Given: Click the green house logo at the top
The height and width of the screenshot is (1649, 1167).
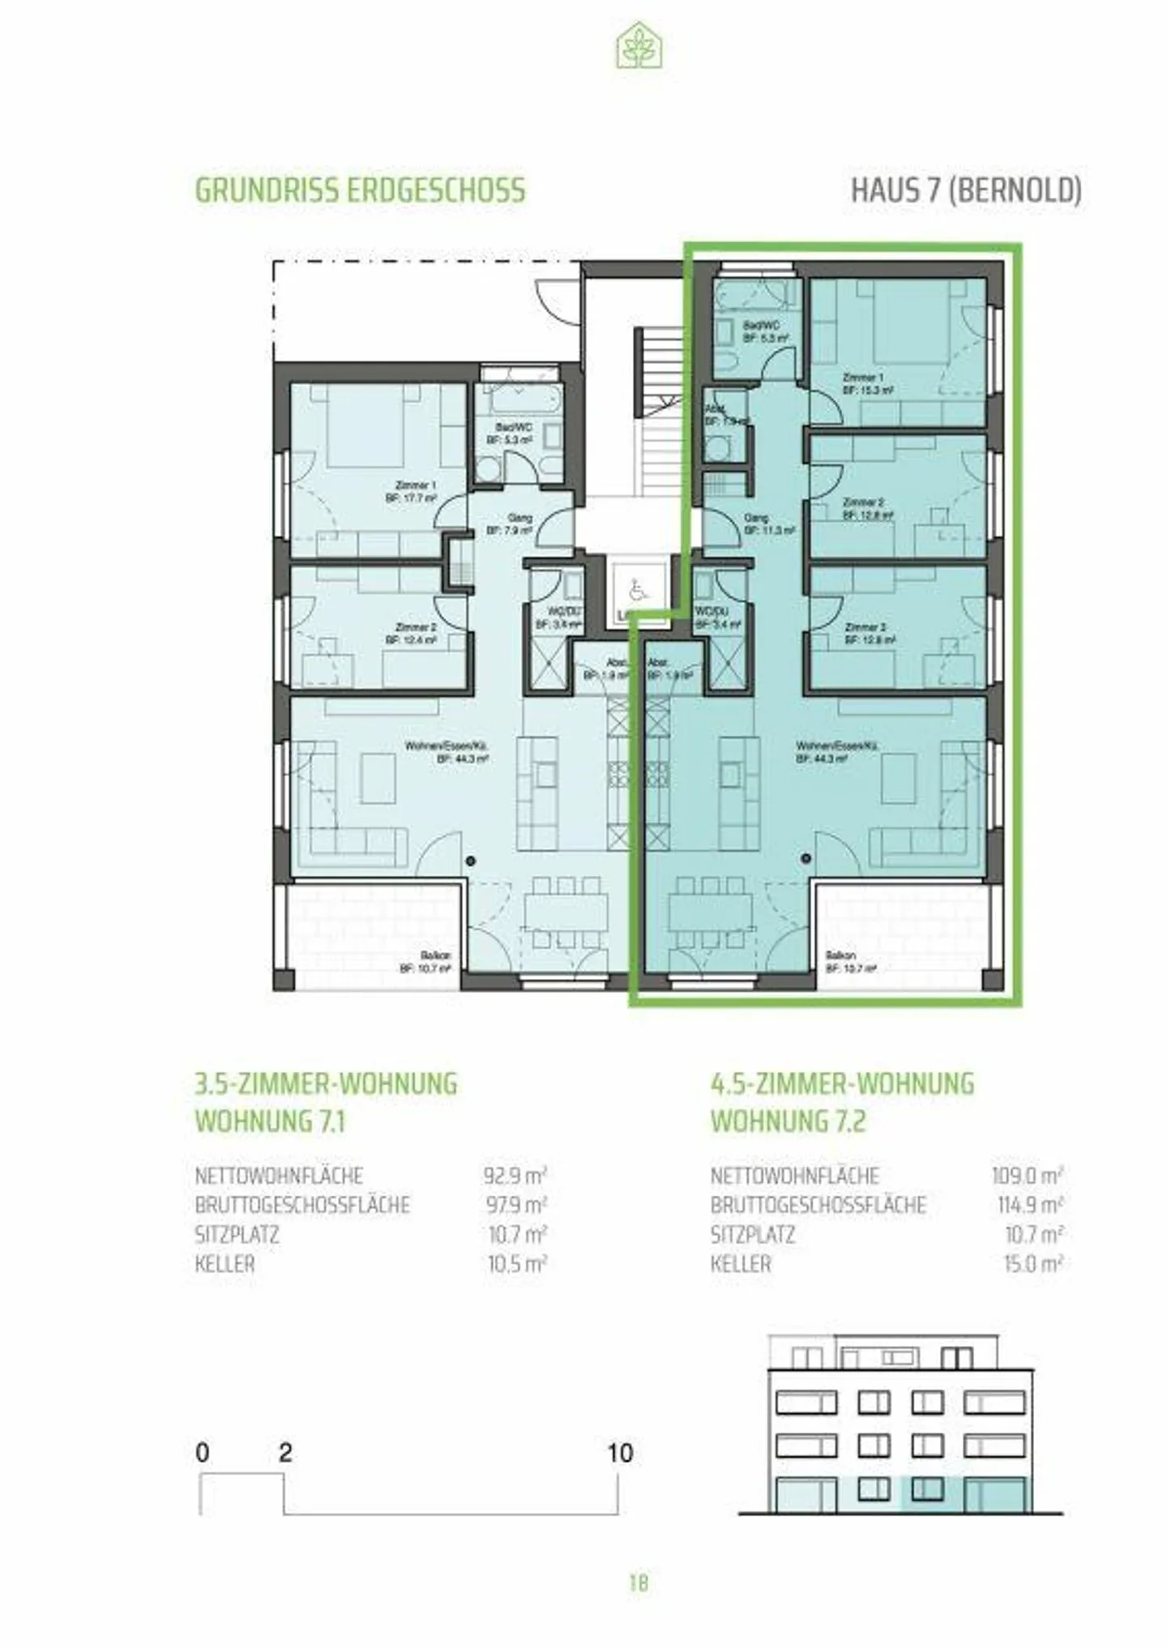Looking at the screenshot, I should pyautogui.click(x=639, y=46).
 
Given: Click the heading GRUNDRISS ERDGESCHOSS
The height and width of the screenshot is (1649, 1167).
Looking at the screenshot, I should pyautogui.click(x=360, y=190).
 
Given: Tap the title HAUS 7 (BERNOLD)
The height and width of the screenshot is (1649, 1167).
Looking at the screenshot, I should pyautogui.click(x=966, y=190).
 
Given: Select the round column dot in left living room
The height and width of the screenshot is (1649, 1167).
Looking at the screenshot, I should pyautogui.click(x=471, y=861).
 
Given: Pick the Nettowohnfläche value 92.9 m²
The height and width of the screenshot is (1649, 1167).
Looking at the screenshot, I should pyautogui.click(x=515, y=1175).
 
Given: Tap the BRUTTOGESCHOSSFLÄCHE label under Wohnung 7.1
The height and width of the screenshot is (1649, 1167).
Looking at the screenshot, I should pyautogui.click(x=302, y=1205).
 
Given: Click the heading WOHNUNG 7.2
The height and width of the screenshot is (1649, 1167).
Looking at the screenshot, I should pyautogui.click(x=788, y=1121).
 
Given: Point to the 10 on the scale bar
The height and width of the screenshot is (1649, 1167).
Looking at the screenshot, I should pyautogui.click(x=620, y=1453).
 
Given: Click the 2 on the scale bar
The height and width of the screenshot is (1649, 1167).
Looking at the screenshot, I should pyautogui.click(x=284, y=1453).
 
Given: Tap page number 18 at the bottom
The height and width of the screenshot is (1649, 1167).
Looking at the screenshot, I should pyautogui.click(x=639, y=1583).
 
